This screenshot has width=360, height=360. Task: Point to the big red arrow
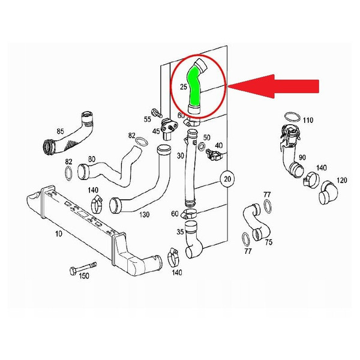[x=273, y=86]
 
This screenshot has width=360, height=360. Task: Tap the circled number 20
[x=227, y=179]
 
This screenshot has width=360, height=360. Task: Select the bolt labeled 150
[x=83, y=268]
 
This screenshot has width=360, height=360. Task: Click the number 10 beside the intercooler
[x=58, y=234]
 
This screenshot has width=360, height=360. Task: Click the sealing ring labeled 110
[x=292, y=117]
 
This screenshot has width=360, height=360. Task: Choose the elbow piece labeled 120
[x=329, y=193]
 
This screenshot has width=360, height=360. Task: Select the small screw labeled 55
[x=157, y=113]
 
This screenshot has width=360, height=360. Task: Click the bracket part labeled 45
[x=169, y=128]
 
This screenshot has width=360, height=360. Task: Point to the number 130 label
[x=144, y=215]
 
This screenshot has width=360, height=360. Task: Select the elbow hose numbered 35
[x=193, y=239]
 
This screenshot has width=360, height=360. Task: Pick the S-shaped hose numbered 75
[x=257, y=223]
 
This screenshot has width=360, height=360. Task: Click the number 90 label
[x=302, y=157]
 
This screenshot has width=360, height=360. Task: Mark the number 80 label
[x=92, y=159]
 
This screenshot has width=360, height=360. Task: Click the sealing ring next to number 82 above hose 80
[x=141, y=141]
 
